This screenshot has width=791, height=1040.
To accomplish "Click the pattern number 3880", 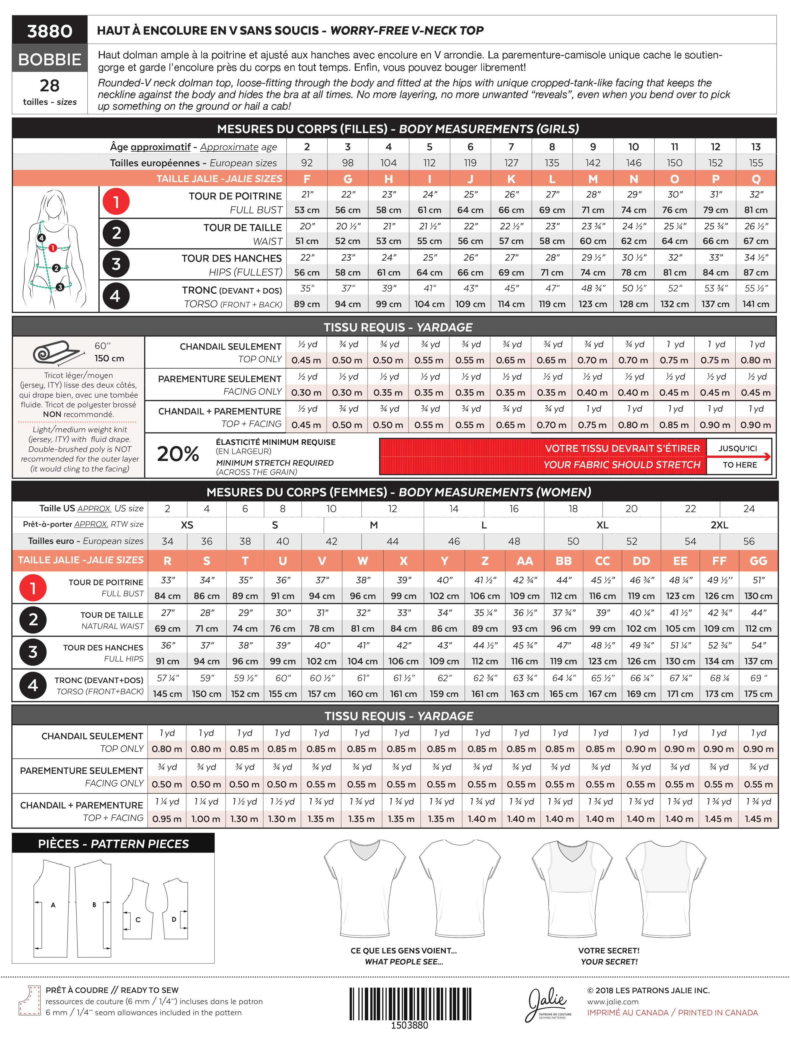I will pyautogui.click(x=50, y=31).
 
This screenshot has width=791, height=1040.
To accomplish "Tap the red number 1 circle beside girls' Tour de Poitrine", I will pyautogui.click(x=116, y=202).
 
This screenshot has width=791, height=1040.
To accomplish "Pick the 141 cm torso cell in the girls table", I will pyautogui.click(x=756, y=304).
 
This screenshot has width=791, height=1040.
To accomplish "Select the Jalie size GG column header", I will pyautogui.click(x=758, y=561).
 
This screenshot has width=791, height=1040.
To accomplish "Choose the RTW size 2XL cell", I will pyautogui.click(x=719, y=525).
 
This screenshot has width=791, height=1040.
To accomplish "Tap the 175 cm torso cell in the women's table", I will pyautogui.click(x=758, y=694).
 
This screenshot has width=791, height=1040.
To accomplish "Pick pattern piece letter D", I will pyautogui.click(x=174, y=919).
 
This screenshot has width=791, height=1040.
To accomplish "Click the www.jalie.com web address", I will pyautogui.click(x=612, y=1002).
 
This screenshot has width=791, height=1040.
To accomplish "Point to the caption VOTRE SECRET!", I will pyautogui.click(x=609, y=951).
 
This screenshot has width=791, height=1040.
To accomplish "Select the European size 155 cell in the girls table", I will pyautogui.click(x=756, y=163).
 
